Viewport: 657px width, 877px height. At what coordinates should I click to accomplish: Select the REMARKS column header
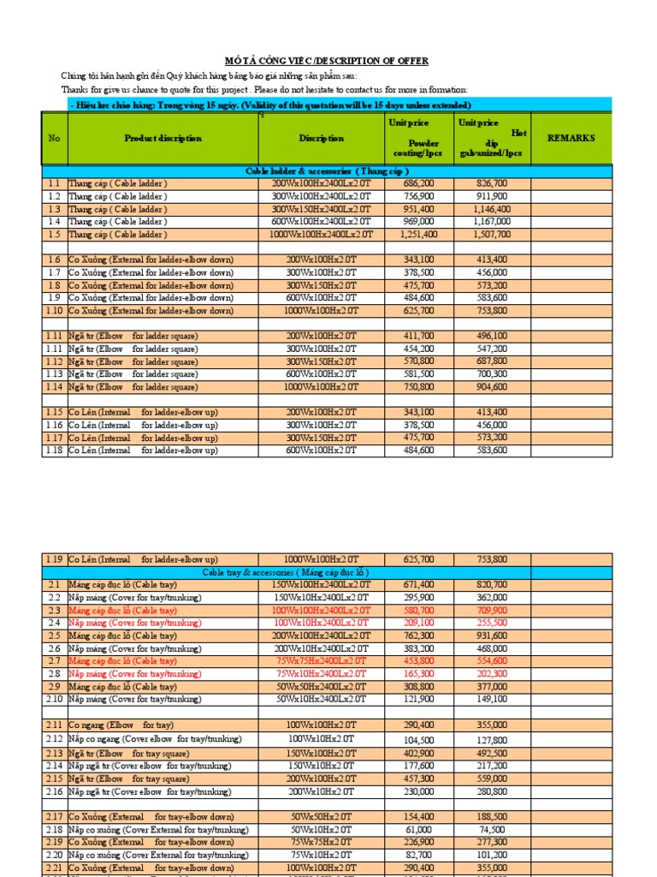(x=571, y=138)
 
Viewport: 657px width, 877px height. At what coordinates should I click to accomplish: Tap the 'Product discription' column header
(x=163, y=138)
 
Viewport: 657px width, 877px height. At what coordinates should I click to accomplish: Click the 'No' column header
(x=54, y=138)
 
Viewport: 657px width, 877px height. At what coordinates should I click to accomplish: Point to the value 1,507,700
(x=492, y=234)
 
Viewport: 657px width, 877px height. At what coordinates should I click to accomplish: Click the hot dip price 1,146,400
(x=492, y=209)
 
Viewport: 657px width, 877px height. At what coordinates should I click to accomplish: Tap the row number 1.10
(x=54, y=311)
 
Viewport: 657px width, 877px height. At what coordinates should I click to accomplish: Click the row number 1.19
(x=54, y=559)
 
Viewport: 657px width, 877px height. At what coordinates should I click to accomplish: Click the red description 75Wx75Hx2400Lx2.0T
(x=321, y=661)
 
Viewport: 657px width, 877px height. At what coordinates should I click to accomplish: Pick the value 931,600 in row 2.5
(x=492, y=635)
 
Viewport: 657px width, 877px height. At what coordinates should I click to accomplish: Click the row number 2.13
(x=54, y=753)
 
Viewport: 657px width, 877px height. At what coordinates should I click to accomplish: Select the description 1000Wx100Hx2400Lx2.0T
(x=321, y=234)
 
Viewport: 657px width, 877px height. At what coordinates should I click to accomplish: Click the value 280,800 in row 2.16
(x=492, y=792)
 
